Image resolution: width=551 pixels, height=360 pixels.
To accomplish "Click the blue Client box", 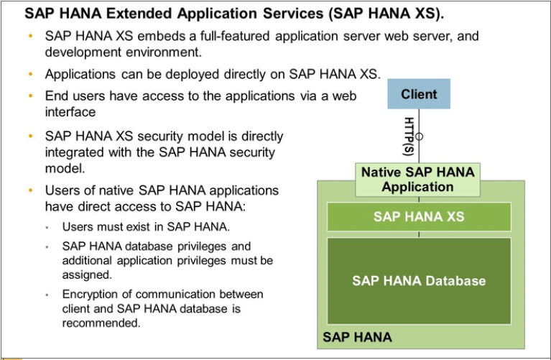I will (x=419, y=94).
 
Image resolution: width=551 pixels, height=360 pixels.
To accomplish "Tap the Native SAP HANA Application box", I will (x=418, y=180).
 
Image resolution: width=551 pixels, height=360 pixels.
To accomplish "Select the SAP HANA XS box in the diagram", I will (x=419, y=216).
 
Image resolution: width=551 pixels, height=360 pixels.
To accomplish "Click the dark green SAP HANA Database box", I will (x=419, y=280).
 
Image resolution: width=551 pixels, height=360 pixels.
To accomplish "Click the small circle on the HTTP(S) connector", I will (x=420, y=135).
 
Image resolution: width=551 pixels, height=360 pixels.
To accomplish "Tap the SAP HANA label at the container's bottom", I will (x=357, y=337).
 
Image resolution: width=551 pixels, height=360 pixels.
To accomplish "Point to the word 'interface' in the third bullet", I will (x=70, y=112).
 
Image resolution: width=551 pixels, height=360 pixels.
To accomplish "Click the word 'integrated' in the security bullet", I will (x=75, y=152).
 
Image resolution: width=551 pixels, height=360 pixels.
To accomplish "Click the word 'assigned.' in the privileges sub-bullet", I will (x=86, y=274).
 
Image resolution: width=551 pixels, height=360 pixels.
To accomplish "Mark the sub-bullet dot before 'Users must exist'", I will (x=47, y=227).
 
